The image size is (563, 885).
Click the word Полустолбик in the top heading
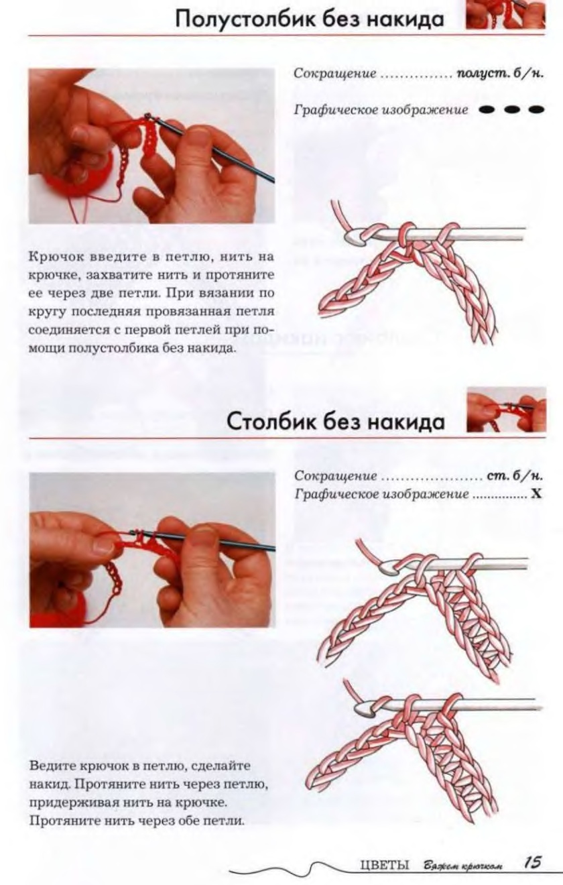(242, 19)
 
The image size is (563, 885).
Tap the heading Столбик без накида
(336, 422)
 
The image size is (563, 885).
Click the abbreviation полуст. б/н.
(500, 74)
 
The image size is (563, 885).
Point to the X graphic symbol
(536, 494)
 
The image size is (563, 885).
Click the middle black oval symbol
(511, 109)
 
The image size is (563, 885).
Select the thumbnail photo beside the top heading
(506, 15)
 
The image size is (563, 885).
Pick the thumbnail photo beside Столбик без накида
(507, 410)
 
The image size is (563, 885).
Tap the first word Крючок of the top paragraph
(55, 257)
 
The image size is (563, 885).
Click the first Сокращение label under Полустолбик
(334, 74)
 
